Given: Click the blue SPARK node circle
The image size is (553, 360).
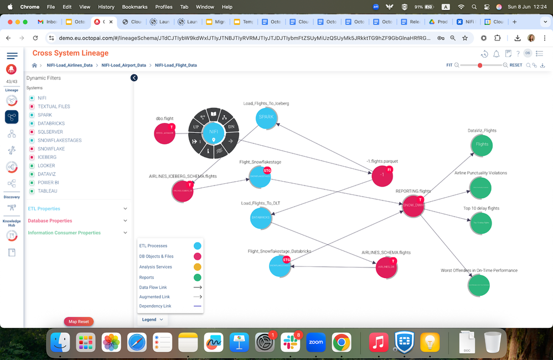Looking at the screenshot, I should pos(266,117).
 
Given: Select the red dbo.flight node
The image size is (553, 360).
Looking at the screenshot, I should pos(164,133).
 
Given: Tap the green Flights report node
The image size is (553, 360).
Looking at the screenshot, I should pos(482,144).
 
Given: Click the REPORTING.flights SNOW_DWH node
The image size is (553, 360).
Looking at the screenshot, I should pos(412,205).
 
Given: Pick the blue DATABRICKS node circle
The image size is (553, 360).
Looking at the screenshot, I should pos(260,218).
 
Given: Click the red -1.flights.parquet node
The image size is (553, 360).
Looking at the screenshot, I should pos(382,175).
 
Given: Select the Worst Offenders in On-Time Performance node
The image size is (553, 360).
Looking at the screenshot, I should pos(479,285).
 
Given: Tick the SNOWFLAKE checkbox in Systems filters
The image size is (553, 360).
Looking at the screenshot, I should pos(32,149).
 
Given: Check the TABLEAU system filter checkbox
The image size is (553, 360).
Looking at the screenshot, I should pos(32,191).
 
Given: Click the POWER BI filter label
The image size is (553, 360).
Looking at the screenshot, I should pos(49,183).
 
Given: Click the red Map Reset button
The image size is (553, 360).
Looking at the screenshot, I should pos(79,322).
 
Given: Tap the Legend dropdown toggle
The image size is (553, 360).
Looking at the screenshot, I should pos(153,320).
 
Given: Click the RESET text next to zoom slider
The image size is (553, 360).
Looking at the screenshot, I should pos(515,65).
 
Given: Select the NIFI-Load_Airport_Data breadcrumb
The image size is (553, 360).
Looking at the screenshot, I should pos(123,65).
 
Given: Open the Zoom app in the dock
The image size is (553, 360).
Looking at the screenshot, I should pos(316,342).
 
